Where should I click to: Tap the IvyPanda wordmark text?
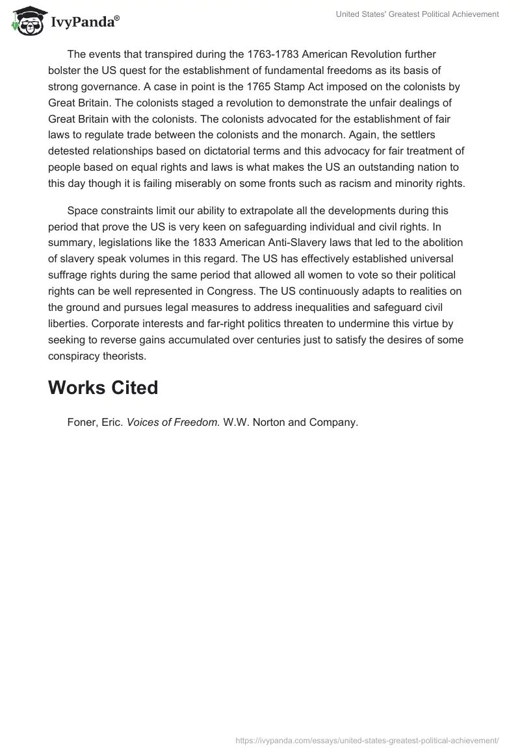[84, 23]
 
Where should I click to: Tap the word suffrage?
[69, 275]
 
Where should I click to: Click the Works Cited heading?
[103, 388]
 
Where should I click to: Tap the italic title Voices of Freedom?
[173, 422]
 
